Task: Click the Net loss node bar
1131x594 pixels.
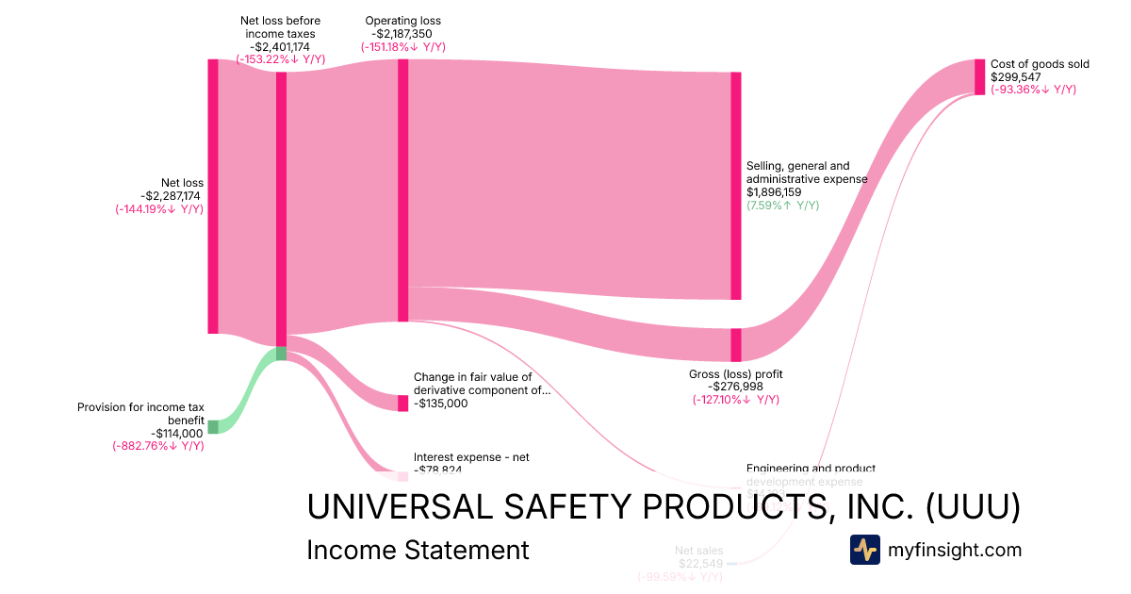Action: [x=213, y=196]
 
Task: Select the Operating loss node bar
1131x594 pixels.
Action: [x=403, y=190]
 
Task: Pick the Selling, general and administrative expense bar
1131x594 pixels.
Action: [x=736, y=186]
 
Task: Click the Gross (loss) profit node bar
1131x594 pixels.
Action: [x=736, y=344]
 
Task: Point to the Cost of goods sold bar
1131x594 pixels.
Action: [x=979, y=76]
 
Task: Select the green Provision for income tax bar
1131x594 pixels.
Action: [x=213, y=427]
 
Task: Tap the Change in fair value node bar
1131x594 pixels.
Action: [x=403, y=403]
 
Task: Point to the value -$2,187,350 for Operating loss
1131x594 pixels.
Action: [x=402, y=34]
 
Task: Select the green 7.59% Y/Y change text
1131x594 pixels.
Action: [x=782, y=206]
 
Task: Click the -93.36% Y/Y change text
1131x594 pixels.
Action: [x=1033, y=90]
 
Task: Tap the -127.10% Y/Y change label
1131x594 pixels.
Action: [x=735, y=400]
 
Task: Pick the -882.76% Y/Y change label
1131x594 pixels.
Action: [x=158, y=446]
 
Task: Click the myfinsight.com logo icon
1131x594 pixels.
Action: [x=864, y=550]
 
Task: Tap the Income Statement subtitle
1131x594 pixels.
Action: [x=418, y=551]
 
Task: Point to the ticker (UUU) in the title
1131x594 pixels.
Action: [x=973, y=507]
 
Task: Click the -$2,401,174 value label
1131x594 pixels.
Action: [x=280, y=46]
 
